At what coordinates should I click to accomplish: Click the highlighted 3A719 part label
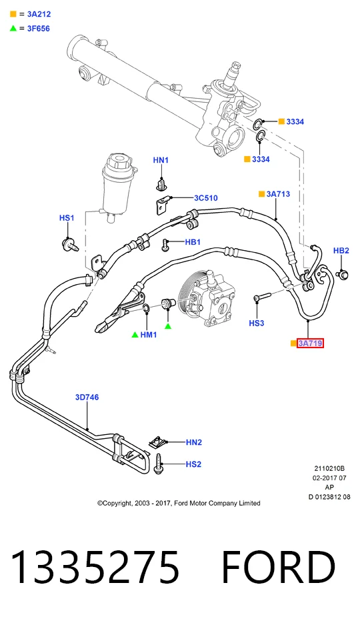pyautogui.click(x=310, y=343)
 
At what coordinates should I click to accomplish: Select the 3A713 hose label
pyautogui.click(x=278, y=194)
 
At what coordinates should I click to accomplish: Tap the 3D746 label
pyautogui.click(x=87, y=397)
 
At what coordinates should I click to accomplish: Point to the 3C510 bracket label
pyautogui.click(x=205, y=198)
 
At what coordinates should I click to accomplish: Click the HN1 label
pyautogui.click(x=161, y=160)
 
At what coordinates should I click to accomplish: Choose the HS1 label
pyautogui.click(x=67, y=218)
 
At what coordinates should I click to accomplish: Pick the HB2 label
pyautogui.click(x=341, y=250)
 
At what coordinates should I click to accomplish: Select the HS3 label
pyautogui.click(x=256, y=323)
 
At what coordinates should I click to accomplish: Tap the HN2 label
pyautogui.click(x=194, y=442)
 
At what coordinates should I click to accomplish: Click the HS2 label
pyautogui.click(x=193, y=464)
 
